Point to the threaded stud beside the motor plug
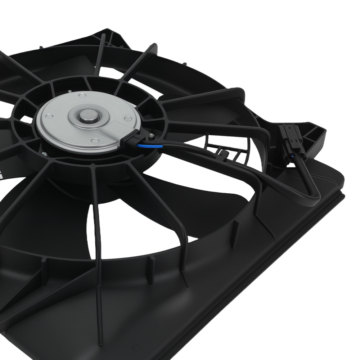[152, 136]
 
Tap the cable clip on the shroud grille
[224, 156]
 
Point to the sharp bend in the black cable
[314, 198]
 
